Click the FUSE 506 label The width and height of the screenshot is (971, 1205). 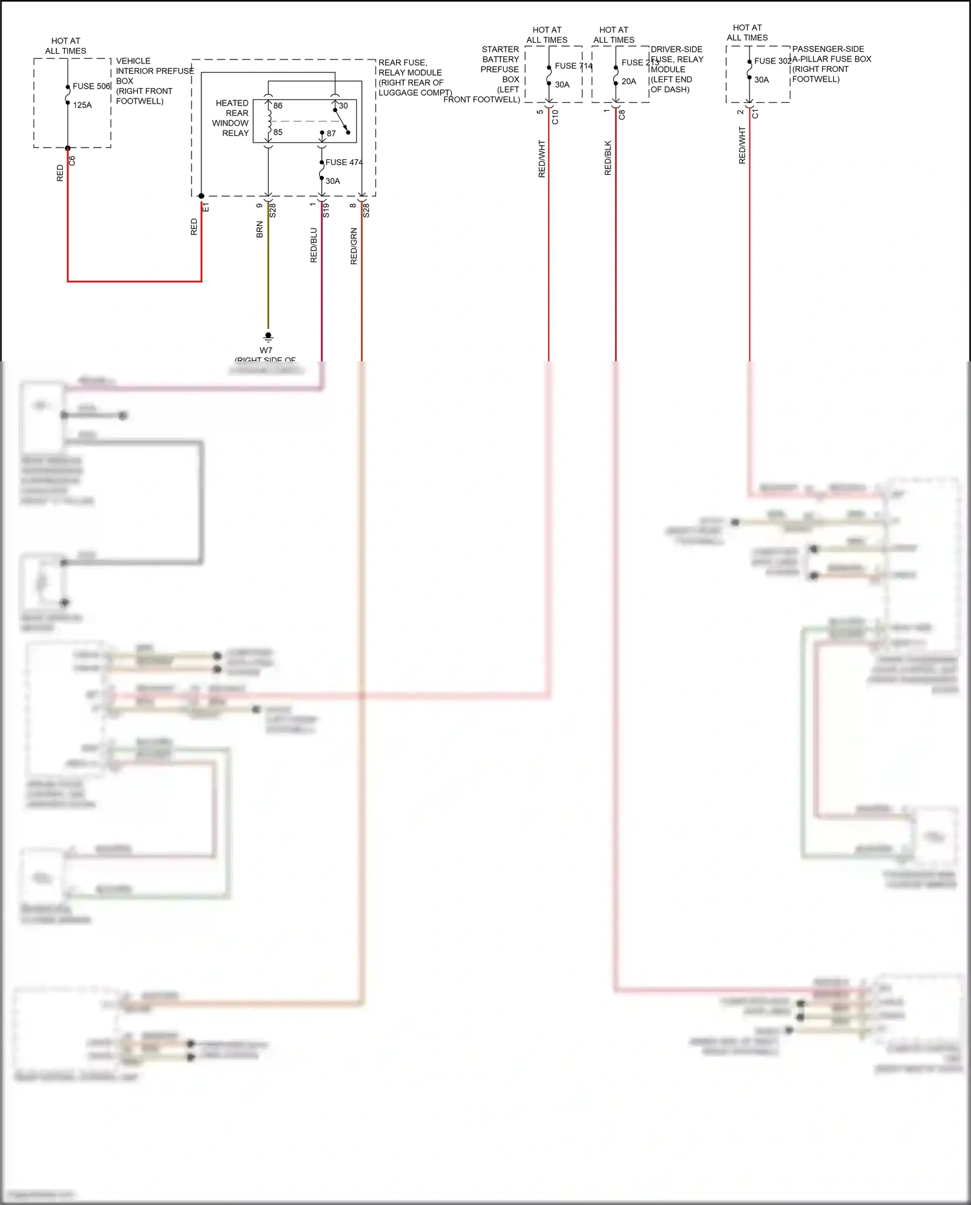click(x=91, y=86)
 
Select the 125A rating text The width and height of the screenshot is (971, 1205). click(x=82, y=105)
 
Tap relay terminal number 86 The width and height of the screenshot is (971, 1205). click(x=278, y=106)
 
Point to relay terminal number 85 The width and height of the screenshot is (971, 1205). click(x=278, y=132)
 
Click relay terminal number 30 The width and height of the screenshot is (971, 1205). click(x=343, y=106)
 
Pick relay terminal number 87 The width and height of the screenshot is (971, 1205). click(x=331, y=133)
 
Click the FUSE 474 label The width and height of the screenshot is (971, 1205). click(x=344, y=163)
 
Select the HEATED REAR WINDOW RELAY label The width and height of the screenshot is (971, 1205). click(x=231, y=118)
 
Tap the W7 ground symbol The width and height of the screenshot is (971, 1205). click(x=268, y=337)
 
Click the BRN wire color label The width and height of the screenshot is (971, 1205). click(x=260, y=230)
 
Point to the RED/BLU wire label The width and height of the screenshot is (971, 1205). click(x=314, y=245)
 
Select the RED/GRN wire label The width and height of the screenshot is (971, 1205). click(x=354, y=246)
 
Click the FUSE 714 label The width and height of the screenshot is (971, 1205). click(x=573, y=66)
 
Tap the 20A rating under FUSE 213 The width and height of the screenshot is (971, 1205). click(x=629, y=82)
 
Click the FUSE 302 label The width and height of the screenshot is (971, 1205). click(x=772, y=61)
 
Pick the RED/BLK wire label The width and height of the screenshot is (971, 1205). click(x=608, y=158)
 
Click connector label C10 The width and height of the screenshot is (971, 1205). click(x=555, y=117)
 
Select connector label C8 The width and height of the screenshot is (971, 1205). click(x=622, y=115)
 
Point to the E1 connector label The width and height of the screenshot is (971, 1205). click(x=206, y=207)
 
